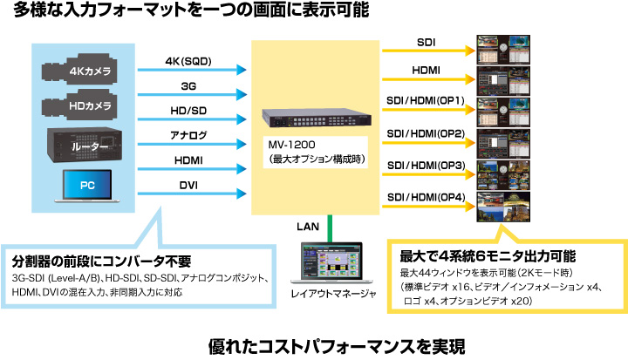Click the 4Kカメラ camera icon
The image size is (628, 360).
point(79,69)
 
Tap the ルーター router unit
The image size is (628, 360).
point(85,145)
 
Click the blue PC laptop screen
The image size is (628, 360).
point(87,185)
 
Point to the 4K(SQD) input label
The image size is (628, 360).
point(188,61)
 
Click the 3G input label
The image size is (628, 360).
point(188,86)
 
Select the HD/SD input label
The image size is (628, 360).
point(188,111)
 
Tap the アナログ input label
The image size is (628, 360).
point(188,135)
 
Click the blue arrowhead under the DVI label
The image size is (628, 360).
point(241,194)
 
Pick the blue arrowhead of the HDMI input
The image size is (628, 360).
point(241,169)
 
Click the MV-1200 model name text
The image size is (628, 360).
point(291,145)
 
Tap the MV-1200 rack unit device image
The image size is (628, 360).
point(317,118)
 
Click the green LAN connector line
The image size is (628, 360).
point(330,228)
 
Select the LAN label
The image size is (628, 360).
point(308,227)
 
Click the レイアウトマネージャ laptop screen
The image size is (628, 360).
point(331,260)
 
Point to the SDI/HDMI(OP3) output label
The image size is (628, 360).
point(427,165)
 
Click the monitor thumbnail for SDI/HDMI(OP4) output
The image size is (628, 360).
point(503,207)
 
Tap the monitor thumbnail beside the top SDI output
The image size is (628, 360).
point(503,50)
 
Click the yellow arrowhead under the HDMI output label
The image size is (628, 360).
point(470,79)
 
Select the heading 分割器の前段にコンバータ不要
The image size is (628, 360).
point(101,262)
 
